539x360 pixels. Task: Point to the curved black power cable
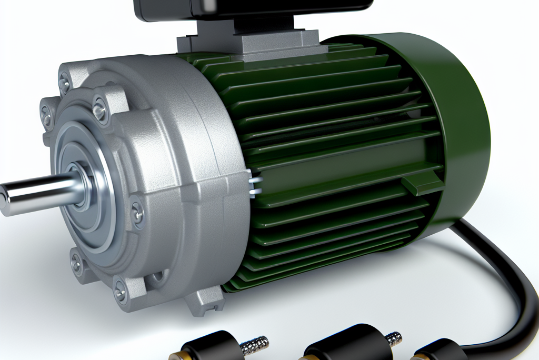click(505, 274)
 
